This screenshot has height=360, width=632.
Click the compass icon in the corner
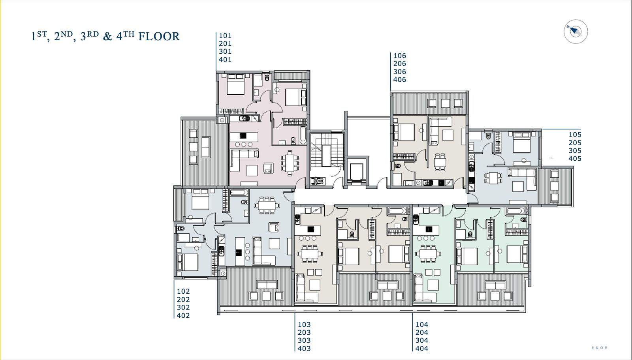click(576, 32)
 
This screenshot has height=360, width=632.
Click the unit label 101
click(225, 36)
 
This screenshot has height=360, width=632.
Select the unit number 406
click(400, 80)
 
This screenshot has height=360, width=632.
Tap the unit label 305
click(575, 151)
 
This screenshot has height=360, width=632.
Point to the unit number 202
click(183, 299)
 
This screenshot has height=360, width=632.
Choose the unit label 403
click(304, 349)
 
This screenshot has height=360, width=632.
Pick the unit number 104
click(422, 325)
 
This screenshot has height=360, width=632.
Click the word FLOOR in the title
click(159, 37)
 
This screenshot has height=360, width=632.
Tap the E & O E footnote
click(599, 348)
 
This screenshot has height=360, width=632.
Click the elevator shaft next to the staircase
click(357, 171)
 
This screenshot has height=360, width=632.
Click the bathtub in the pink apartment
click(303, 135)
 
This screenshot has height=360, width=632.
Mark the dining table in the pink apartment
click(290, 163)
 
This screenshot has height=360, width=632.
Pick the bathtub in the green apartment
click(515, 211)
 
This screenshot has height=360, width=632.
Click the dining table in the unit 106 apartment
click(440, 162)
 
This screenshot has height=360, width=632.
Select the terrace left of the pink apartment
click(205, 152)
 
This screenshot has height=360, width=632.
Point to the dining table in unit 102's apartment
click(267, 206)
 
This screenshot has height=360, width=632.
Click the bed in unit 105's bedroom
click(522, 142)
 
